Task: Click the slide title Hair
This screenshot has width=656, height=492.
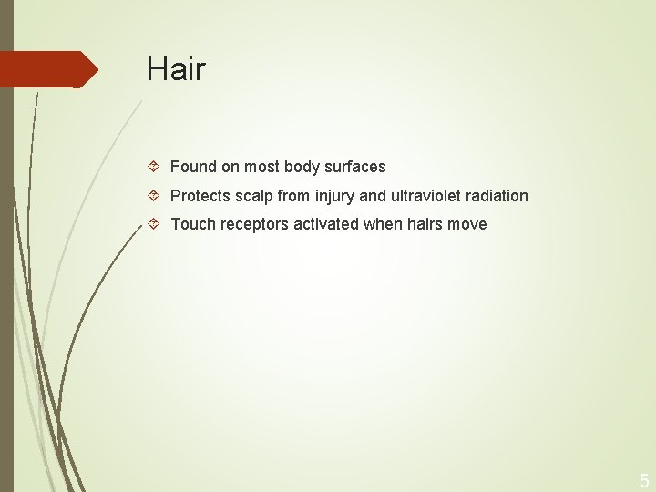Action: pos(176,69)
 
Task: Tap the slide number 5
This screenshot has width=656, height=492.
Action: pos(644,480)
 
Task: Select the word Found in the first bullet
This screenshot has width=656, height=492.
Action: pos(193,167)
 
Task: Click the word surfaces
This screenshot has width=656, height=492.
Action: pos(355,167)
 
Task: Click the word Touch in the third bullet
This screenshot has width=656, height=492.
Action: pos(191,224)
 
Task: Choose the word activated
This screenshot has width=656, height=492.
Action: pos(326,224)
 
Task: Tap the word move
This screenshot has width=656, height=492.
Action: pos(468,224)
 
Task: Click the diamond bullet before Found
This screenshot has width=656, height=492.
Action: pos(154,167)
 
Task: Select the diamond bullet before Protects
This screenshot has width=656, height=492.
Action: pos(154,195)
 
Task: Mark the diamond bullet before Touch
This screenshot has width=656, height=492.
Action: pos(154,224)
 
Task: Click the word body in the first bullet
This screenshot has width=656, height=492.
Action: pos(302,167)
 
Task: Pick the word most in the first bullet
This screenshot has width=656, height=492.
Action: pos(261,167)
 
